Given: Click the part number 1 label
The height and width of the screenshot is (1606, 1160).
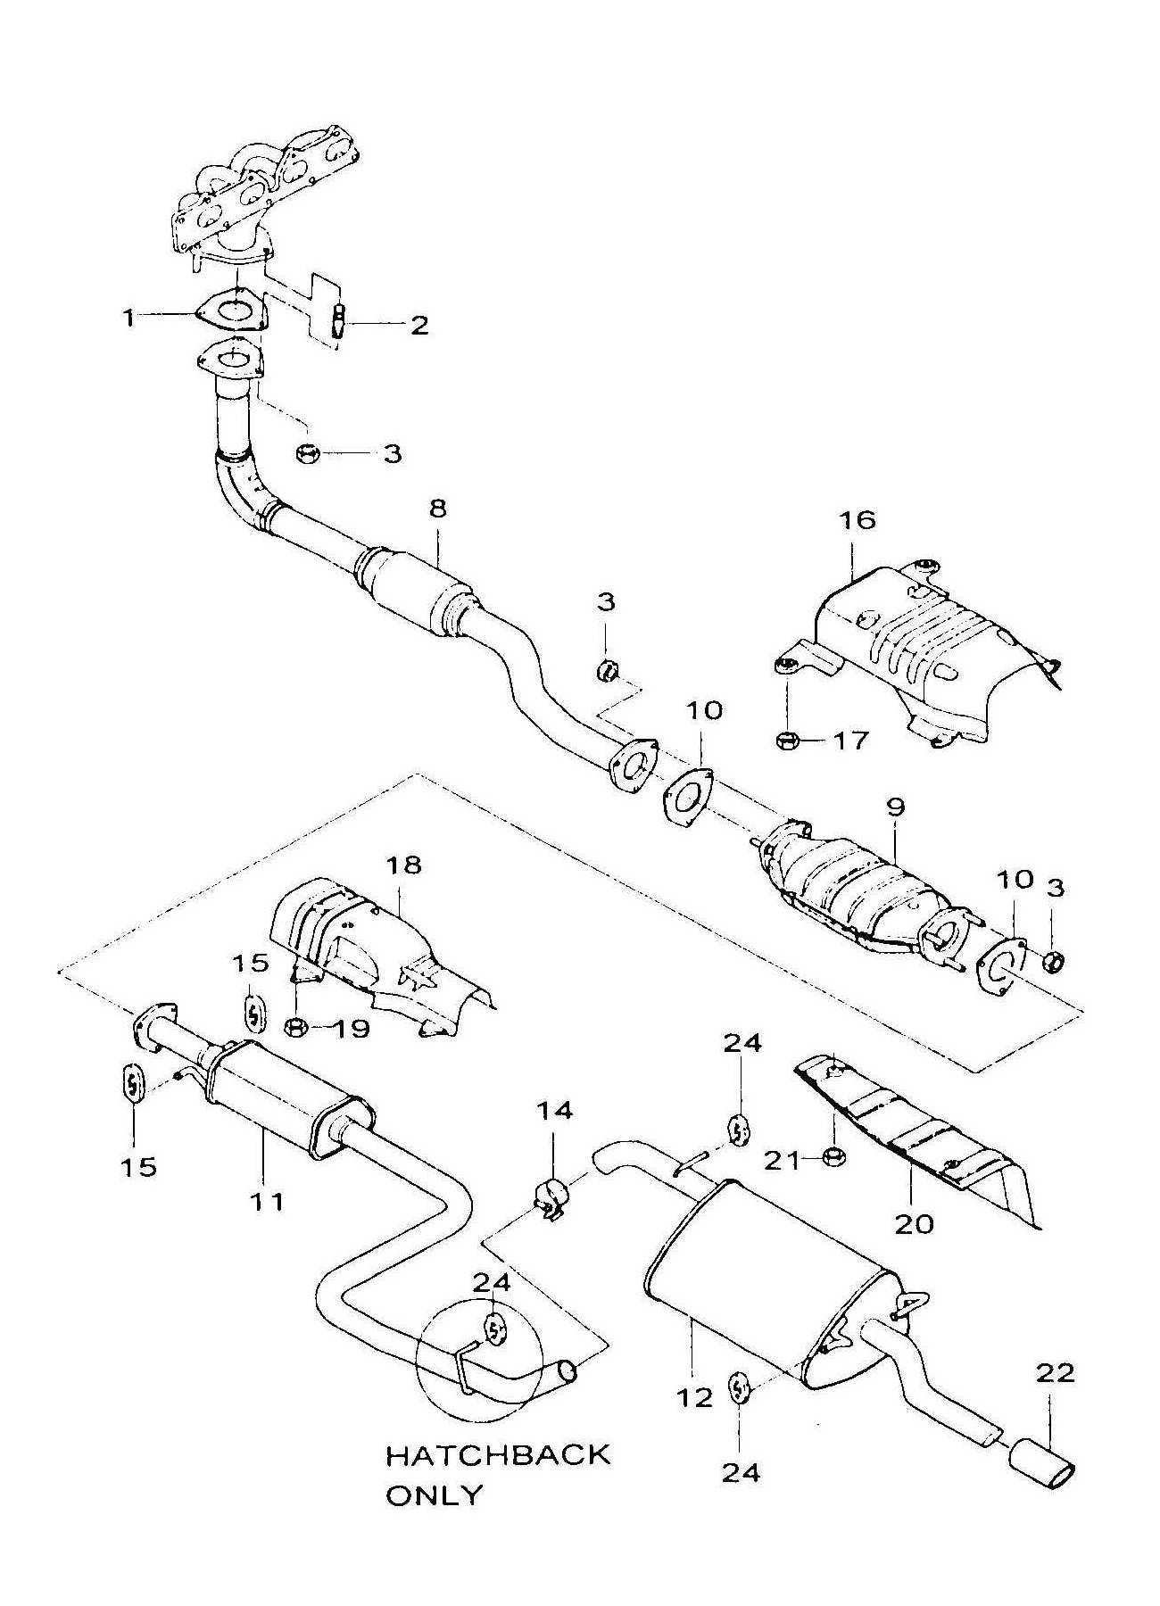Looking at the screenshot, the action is click(x=129, y=317).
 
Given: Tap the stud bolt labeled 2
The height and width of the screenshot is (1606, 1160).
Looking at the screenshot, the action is click(x=339, y=320).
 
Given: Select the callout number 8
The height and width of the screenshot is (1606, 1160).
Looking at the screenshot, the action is click(x=437, y=509).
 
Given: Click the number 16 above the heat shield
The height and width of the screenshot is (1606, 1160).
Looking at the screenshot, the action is click(x=858, y=519).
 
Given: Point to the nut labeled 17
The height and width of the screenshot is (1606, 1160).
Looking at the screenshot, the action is click(x=787, y=740).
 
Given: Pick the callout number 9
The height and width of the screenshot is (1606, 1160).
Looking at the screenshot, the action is click(x=896, y=807).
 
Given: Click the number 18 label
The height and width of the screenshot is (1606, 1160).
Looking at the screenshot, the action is click(x=403, y=865).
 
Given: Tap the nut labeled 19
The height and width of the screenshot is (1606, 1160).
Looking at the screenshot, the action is click(x=296, y=1028).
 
